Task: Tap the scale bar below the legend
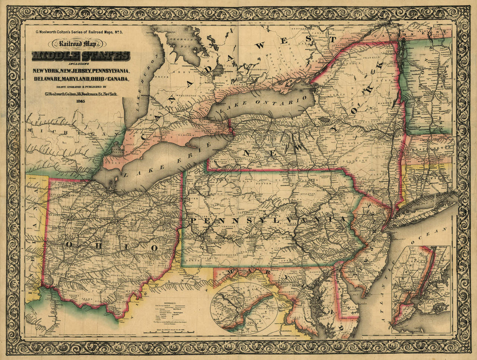click(176, 331)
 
